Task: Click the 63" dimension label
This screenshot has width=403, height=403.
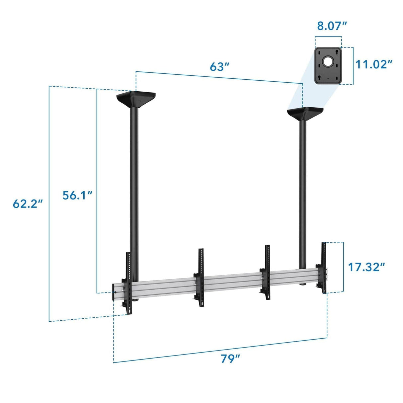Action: pyautogui.click(x=219, y=67)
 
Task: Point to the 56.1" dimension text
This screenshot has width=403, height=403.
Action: pyautogui.click(x=77, y=195)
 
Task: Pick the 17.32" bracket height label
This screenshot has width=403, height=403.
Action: pyautogui.click(x=366, y=267)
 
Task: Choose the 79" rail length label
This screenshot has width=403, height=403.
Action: pyautogui.click(x=230, y=359)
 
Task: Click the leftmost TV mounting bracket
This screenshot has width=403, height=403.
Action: pyautogui.click(x=128, y=284)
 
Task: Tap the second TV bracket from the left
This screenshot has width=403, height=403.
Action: pyautogui.click(x=200, y=277)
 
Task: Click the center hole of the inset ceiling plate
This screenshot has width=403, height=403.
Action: pyautogui.click(x=328, y=61)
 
